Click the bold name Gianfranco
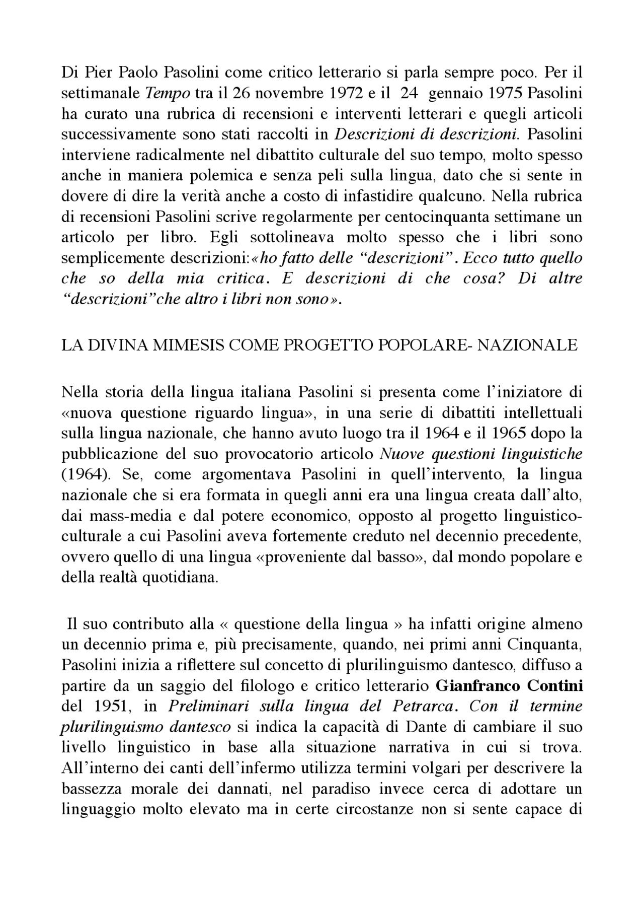pos(471,686)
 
